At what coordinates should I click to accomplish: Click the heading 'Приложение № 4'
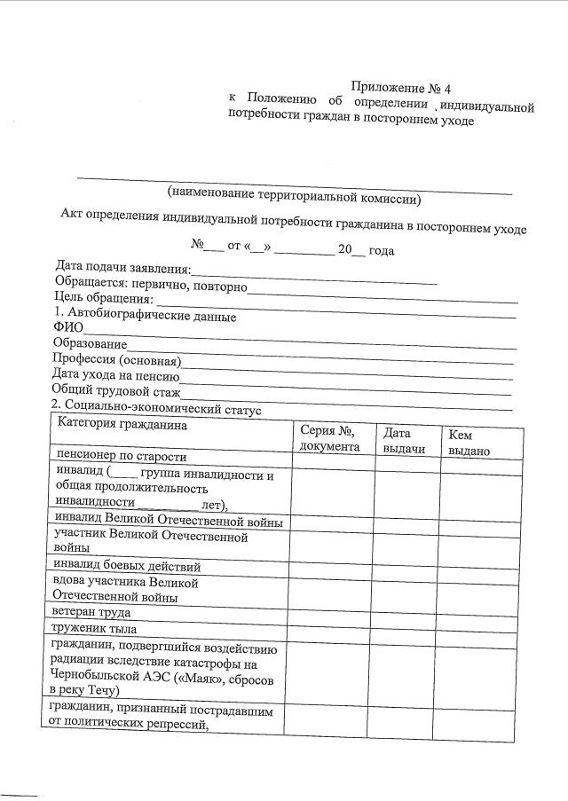[x=400, y=88]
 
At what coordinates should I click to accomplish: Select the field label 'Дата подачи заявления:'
[x=123, y=268]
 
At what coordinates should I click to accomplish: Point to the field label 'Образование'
[x=90, y=343]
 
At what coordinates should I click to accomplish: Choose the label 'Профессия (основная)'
[x=116, y=359]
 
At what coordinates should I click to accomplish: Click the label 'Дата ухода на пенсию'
[x=115, y=375]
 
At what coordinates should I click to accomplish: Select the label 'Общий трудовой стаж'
[x=116, y=391]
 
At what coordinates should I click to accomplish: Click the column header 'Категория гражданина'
[x=122, y=425]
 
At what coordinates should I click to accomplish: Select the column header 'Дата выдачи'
[x=404, y=441]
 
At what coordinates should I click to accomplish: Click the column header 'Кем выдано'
[x=469, y=443]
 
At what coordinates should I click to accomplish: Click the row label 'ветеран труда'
[x=91, y=613]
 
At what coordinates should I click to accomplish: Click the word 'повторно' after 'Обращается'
[x=218, y=283]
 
